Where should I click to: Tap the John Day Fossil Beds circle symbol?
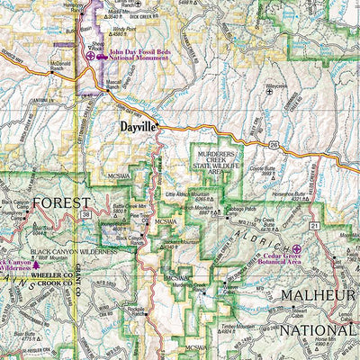click(x=91, y=57)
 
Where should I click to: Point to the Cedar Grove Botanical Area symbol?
click(x=297, y=248)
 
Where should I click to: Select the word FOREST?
click(x=61, y=202)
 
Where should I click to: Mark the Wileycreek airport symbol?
click(x=269, y=97)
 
